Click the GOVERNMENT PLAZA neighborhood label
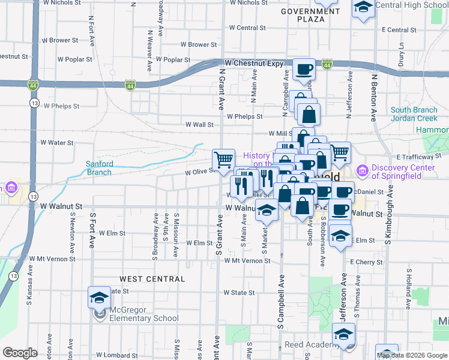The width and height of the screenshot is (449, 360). pyautogui.click(x=306, y=15)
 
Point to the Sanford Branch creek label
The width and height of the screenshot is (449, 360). pyautogui.click(x=98, y=168)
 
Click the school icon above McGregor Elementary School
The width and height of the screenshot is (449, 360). pyautogui.click(x=99, y=297)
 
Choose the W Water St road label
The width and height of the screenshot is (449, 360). pyautogui.click(x=56, y=143)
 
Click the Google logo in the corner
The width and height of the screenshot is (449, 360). pyautogui.click(x=20, y=353)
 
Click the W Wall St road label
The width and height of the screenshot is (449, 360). pyautogui.click(x=199, y=125)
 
